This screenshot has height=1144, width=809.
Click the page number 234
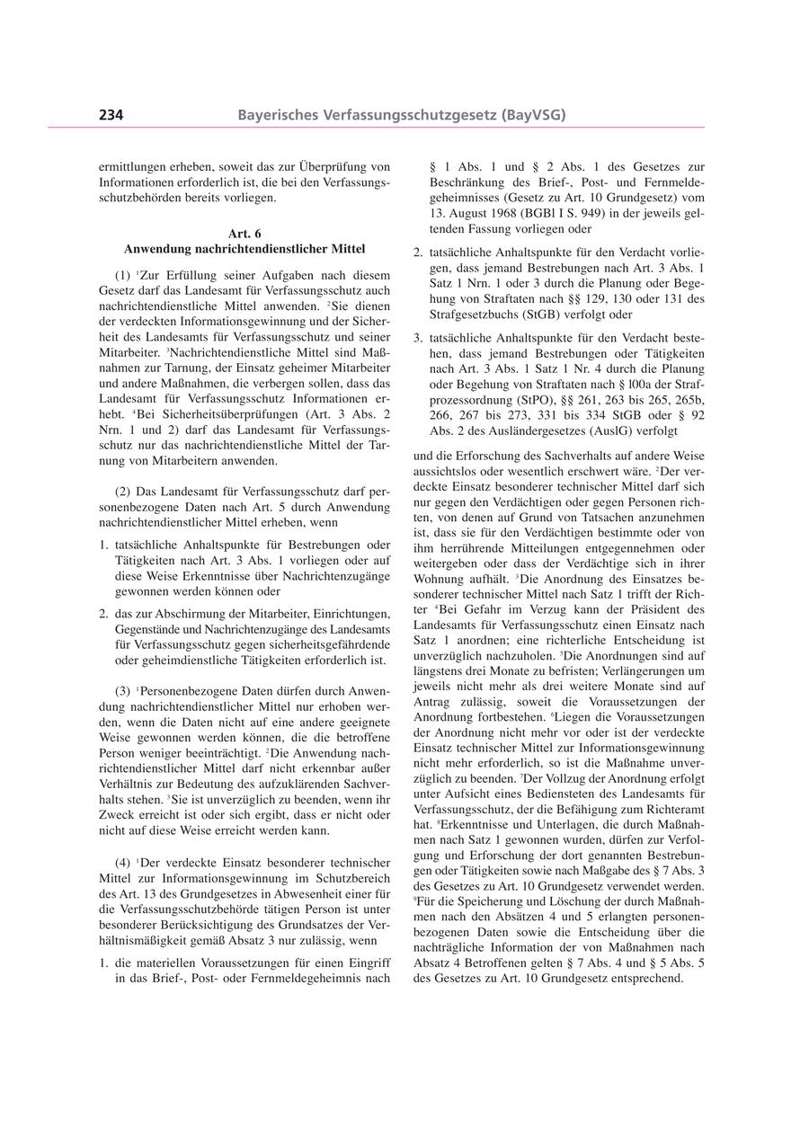coord(111,114)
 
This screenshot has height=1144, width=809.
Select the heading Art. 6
coord(244,234)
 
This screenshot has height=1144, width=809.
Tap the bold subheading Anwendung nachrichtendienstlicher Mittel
coord(244,247)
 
